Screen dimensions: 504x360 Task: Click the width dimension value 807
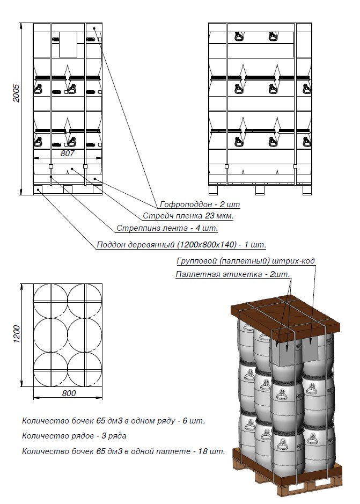[x=68, y=153]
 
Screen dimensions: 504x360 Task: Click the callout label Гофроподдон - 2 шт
[x=200, y=204]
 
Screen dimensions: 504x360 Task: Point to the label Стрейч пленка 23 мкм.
[x=188, y=216]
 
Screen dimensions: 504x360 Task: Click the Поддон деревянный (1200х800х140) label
[x=181, y=245]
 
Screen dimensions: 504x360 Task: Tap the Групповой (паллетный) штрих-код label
[x=246, y=261]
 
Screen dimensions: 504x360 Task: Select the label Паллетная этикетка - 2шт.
[x=233, y=274]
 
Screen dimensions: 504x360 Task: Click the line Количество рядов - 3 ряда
[x=74, y=436]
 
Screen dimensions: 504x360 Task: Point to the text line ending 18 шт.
[x=123, y=451]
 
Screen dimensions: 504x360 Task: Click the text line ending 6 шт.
[x=113, y=421]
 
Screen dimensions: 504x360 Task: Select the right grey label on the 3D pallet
[x=313, y=349]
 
